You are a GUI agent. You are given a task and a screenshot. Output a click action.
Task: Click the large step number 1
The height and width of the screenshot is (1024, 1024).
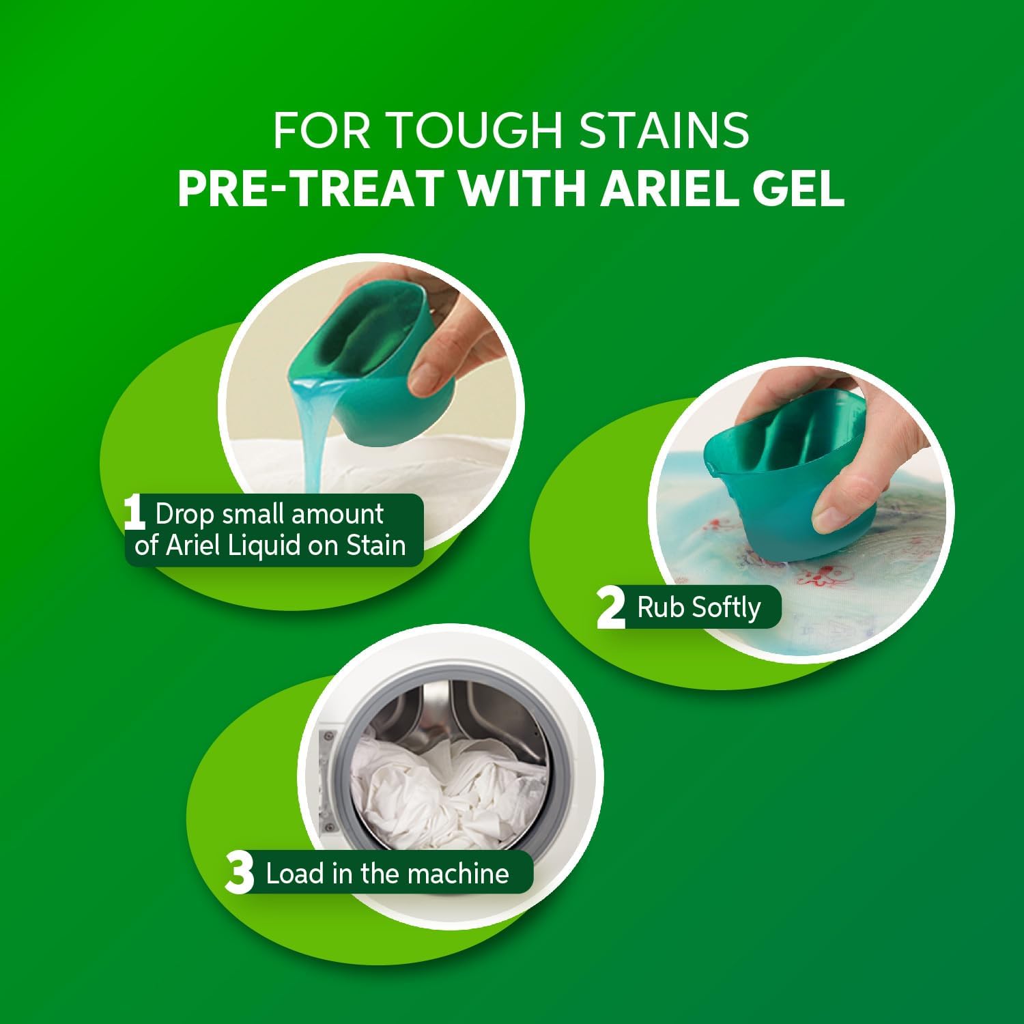136,513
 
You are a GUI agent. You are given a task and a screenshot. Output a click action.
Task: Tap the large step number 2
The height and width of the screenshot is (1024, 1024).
611,609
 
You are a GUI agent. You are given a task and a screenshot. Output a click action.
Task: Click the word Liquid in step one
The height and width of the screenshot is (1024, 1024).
265,547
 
